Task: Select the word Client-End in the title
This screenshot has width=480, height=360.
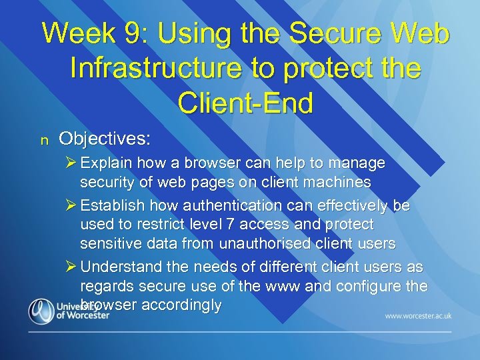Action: pyautogui.click(x=245, y=103)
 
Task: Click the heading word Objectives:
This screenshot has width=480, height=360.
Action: pyautogui.click(x=105, y=139)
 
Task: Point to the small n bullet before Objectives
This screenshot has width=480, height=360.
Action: pyautogui.click(x=45, y=140)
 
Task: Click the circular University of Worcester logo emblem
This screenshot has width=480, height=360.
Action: pyautogui.click(x=41, y=311)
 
